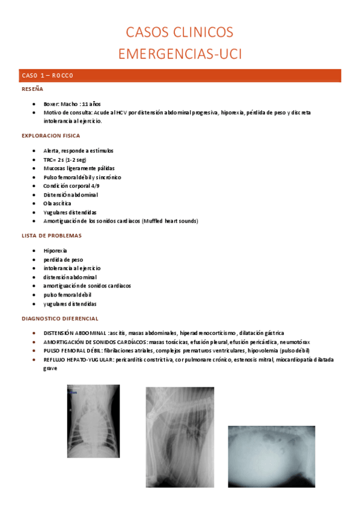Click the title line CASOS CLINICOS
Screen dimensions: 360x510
[180, 32]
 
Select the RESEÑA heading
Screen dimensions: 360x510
[32, 89]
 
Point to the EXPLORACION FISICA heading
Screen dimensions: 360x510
[50, 136]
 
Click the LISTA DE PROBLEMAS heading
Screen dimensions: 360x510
[51, 236]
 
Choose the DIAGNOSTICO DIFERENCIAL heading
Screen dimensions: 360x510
[59, 318]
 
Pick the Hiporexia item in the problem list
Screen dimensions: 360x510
[55, 250]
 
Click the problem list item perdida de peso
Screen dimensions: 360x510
[63, 259]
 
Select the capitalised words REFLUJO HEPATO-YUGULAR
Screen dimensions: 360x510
[78, 360]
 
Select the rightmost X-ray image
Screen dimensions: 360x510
[271, 456]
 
